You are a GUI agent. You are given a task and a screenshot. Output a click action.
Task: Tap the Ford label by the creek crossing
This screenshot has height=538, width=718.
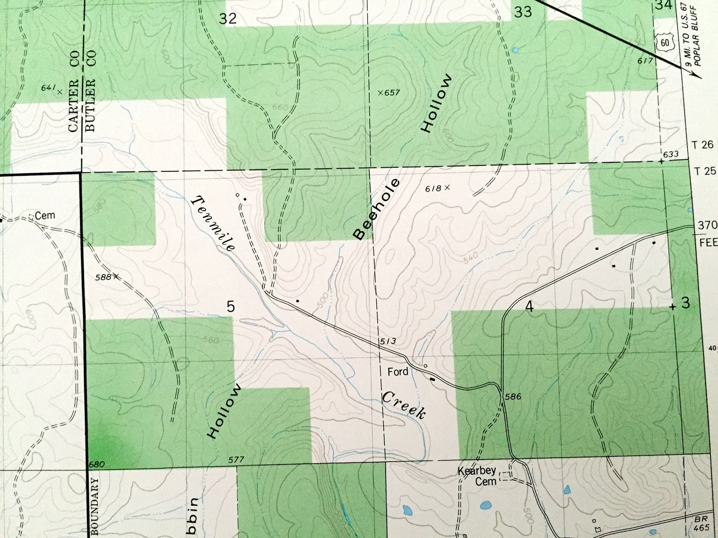[x=398, y=371]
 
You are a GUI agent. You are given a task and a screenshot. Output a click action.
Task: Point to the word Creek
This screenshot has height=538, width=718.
[x=403, y=404]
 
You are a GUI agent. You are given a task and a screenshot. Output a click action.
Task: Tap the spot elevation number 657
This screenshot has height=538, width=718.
[x=392, y=92]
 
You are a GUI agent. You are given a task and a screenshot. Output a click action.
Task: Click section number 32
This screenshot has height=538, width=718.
[x=228, y=18]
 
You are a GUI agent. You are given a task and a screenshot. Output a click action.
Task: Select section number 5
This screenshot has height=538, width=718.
[x=231, y=306]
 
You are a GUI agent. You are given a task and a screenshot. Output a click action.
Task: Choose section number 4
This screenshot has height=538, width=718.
[x=529, y=307]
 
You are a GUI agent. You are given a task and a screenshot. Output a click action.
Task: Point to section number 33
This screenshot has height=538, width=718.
[x=523, y=12]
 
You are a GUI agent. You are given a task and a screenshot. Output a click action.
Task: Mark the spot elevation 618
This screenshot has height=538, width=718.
[x=433, y=188]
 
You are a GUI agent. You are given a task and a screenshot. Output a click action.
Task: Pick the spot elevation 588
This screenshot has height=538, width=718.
[x=103, y=276]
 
